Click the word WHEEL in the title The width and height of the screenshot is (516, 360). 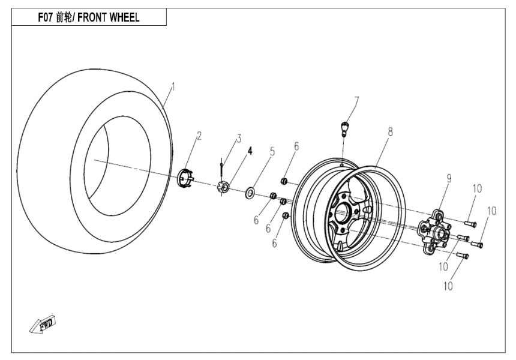pos(122,17)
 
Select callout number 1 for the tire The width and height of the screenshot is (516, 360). pos(173,88)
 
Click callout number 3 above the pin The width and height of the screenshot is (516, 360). pos(238,139)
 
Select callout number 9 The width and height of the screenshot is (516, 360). pos(448,178)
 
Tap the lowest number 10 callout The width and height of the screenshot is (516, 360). pos(448,286)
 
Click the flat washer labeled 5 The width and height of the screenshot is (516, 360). pos(250,193)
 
